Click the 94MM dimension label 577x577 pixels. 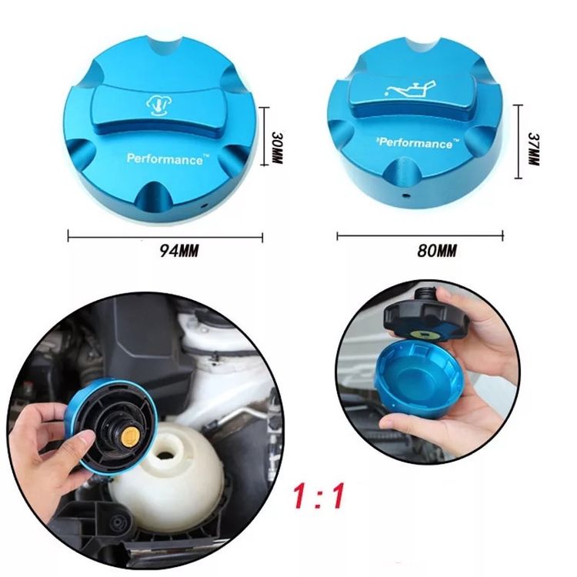click(x=178, y=251)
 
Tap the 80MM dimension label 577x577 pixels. click(x=437, y=251)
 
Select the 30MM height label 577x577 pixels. click(x=277, y=147)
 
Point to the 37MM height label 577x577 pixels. click(x=533, y=148)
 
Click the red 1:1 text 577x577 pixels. click(x=319, y=496)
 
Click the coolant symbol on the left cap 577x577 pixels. click(x=156, y=105)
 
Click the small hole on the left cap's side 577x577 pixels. click(x=204, y=205)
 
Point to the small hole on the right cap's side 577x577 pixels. click(x=405, y=195)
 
